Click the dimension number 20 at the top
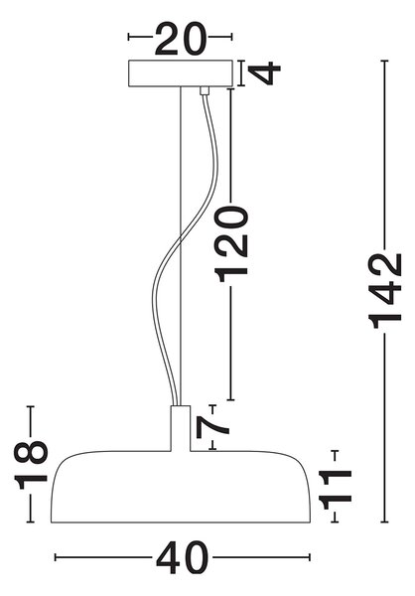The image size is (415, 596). [x=181, y=39]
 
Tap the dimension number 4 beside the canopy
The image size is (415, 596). [x=264, y=73]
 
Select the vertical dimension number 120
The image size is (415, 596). [x=231, y=243]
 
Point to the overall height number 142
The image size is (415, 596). [x=385, y=290]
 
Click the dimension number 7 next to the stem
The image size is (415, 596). [x=212, y=427]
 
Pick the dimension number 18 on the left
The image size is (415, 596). [x=31, y=465]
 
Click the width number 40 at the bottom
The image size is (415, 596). [x=183, y=557]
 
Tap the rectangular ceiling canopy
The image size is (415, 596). [x=180, y=74]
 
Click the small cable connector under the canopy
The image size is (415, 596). [x=205, y=90]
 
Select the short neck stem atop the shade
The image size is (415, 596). [x=180, y=428]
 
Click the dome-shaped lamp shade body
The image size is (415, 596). [x=181, y=487]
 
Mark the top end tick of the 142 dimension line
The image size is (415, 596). [x=385, y=61]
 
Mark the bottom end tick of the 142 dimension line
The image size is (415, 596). [x=385, y=521]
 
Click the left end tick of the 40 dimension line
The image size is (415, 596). [x=56, y=557]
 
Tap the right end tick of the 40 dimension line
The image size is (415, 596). [x=310, y=557]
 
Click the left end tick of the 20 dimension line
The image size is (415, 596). [x=129, y=37]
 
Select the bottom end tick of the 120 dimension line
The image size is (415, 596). [x=230, y=400]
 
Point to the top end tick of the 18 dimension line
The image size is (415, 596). [x=31, y=406]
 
